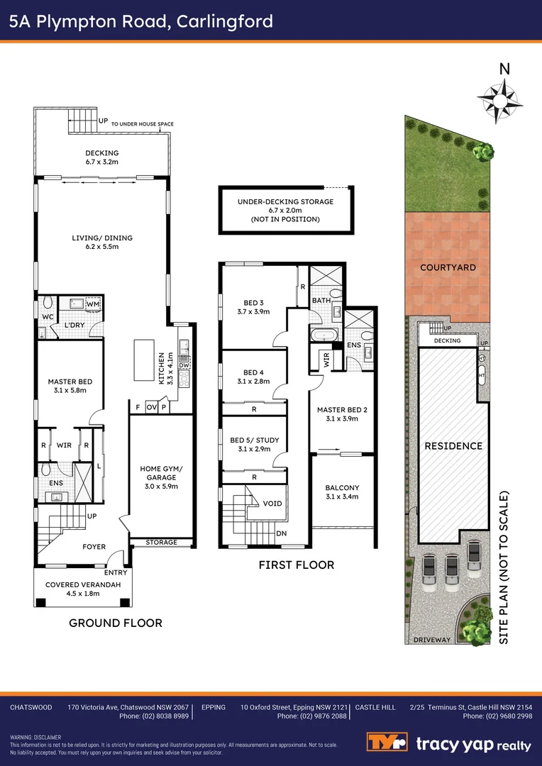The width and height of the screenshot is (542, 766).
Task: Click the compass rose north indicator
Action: click(500, 100)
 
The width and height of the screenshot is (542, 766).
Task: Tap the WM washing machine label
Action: click(93, 304)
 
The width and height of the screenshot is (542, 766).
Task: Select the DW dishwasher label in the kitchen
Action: click(184, 365)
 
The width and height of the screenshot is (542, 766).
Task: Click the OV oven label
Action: click(151, 407)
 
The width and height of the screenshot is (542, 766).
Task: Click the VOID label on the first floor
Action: click(272, 503)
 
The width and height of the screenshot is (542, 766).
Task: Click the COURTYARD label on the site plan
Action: click(448, 267)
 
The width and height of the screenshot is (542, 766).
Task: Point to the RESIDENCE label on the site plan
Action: click(453, 445)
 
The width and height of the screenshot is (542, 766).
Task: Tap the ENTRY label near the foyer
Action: click(116, 572)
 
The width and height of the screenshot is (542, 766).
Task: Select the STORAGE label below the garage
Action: click(161, 543)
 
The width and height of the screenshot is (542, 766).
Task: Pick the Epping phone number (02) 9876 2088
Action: click(312, 716)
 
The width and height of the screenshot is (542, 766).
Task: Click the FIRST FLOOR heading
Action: click(296, 565)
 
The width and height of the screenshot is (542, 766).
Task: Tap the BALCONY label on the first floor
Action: click(342, 487)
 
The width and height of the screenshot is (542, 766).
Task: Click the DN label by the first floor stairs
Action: click(282, 534)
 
